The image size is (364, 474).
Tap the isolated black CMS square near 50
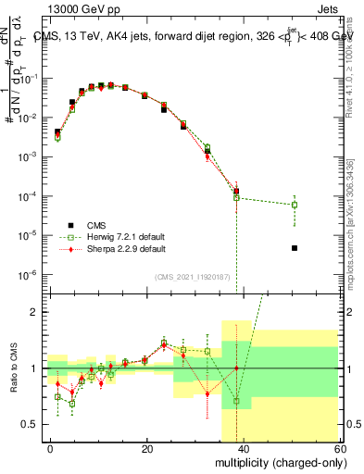click(x=294, y=248)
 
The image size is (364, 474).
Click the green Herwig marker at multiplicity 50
click(x=294, y=205)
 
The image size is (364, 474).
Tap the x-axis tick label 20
click(x=146, y=447)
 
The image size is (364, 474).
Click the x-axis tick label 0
click(x=51, y=447)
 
